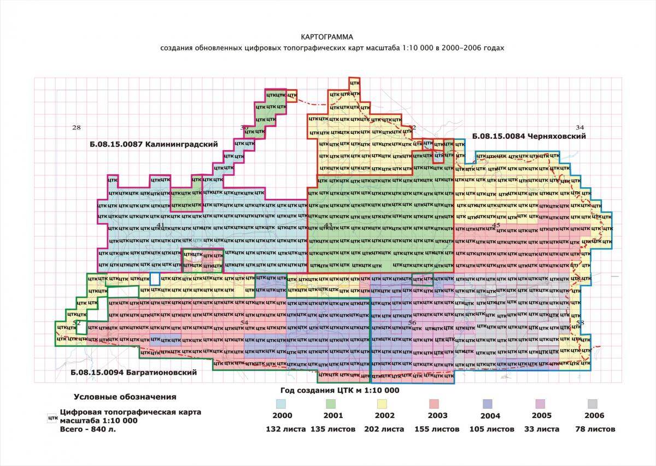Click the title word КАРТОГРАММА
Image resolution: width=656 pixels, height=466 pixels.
pyautogui.click(x=327, y=37)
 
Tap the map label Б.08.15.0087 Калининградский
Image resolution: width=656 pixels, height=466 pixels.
pyautogui.click(x=154, y=145)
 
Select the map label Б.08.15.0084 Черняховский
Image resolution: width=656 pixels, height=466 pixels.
pyautogui.click(x=529, y=137)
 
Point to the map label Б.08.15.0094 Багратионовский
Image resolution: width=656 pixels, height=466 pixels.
pyautogui.click(x=133, y=373)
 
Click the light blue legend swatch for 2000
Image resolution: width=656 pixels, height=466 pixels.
pyautogui.click(x=282, y=404)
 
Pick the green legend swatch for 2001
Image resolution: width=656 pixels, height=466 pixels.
pyautogui.click(x=331, y=404)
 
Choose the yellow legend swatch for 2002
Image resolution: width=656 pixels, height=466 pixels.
pyautogui.click(x=382, y=404)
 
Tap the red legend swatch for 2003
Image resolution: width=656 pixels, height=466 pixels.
pyautogui.click(x=434, y=404)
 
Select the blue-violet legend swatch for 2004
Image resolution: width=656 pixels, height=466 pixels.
pyautogui.click(x=488, y=404)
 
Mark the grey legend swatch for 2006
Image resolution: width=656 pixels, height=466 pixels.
pyautogui.click(x=592, y=404)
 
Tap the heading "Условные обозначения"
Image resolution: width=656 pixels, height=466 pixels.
pyautogui.click(x=125, y=397)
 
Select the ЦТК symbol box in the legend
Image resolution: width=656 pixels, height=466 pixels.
pyautogui.click(x=52, y=418)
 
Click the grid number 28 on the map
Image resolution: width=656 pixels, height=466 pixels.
pyautogui.click(x=76, y=127)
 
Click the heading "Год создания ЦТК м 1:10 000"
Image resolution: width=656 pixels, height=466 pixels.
pyautogui.click(x=339, y=390)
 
